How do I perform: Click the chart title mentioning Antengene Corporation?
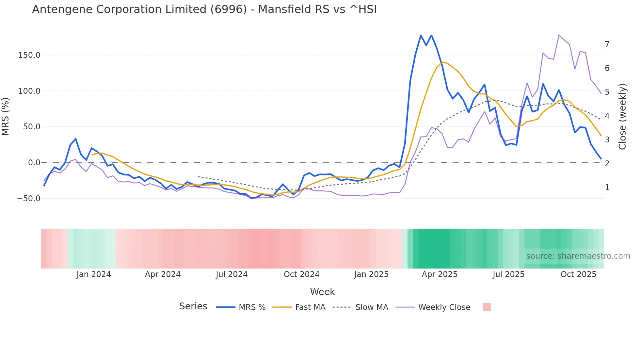pyautogui.click(x=204, y=9)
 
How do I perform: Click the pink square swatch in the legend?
pyautogui.click(x=487, y=307)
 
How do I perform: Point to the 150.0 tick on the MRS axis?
pyautogui.click(x=29, y=55)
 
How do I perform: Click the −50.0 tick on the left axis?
pyautogui.click(x=29, y=199)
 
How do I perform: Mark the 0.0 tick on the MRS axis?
pyautogui.click(x=34, y=163)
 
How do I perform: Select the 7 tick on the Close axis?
pyautogui.click(x=607, y=44)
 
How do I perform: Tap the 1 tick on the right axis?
pyautogui.click(x=607, y=188)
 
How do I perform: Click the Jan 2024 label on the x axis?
pyautogui.click(x=94, y=274)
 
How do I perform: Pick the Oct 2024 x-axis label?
pyautogui.click(x=301, y=274)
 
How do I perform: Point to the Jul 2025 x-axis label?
pyautogui.click(x=508, y=274)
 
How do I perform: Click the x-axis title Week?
pyautogui.click(x=322, y=292)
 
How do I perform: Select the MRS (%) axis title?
pyautogui.click(x=5, y=116)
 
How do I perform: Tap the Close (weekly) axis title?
pyautogui.click(x=622, y=116)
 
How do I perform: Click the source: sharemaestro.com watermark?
pyautogui.click(x=578, y=256)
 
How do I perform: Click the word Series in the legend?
pyautogui.click(x=193, y=306)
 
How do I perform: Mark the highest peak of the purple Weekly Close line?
pyautogui.click(x=559, y=35)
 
